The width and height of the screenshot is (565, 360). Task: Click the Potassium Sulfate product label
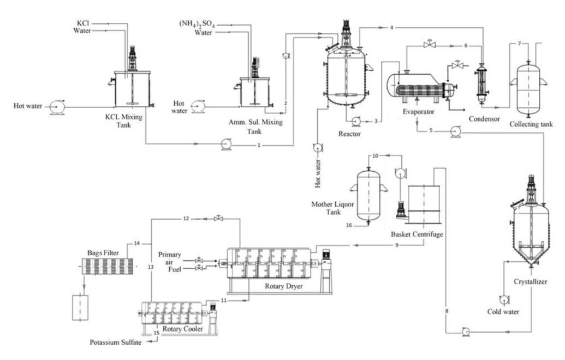[123, 342]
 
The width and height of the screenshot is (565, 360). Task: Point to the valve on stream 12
[219, 218]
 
